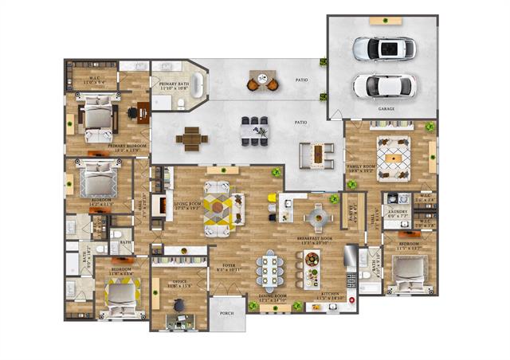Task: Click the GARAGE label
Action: coord(386,109)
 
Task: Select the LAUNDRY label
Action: coord(396,213)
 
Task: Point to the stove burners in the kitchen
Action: coord(351,280)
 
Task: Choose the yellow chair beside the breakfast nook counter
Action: coord(272,198)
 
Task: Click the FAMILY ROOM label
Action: coord(360,167)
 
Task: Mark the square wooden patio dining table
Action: coord(192,139)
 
